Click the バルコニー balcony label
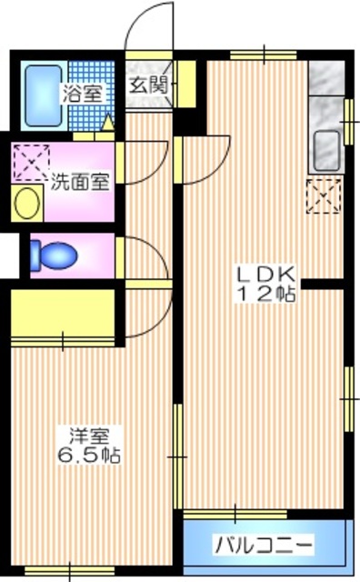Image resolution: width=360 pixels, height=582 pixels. [264, 546]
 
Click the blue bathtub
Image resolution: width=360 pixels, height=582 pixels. [39, 94]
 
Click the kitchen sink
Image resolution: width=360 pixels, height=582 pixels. [326, 146]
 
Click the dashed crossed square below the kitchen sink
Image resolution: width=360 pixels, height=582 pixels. [325, 196]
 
